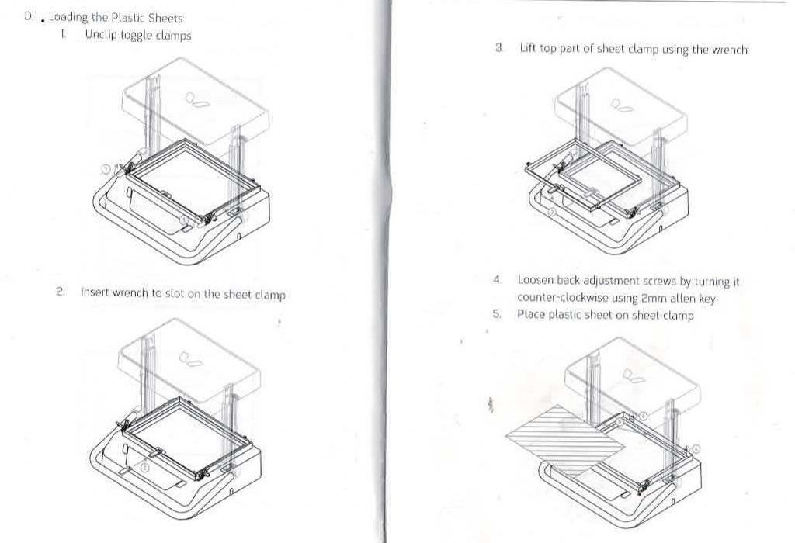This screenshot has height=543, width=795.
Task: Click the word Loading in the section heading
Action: (x=68, y=18)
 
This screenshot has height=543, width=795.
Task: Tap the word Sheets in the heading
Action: (x=166, y=19)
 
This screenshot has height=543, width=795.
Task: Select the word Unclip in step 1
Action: (x=101, y=36)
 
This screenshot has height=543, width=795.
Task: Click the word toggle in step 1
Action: (x=136, y=36)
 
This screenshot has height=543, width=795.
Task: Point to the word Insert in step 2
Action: (x=95, y=292)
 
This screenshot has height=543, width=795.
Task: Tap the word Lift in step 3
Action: (x=527, y=49)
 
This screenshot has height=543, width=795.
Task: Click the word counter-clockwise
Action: (x=563, y=297)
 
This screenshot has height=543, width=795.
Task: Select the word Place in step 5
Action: (x=531, y=314)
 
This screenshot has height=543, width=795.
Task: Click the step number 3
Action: (x=499, y=48)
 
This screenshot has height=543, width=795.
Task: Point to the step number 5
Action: (x=496, y=314)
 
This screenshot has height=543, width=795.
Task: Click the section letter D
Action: (x=28, y=17)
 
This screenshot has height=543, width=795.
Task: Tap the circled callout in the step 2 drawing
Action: (x=144, y=468)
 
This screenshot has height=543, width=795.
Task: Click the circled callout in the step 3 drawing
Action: (x=552, y=213)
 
